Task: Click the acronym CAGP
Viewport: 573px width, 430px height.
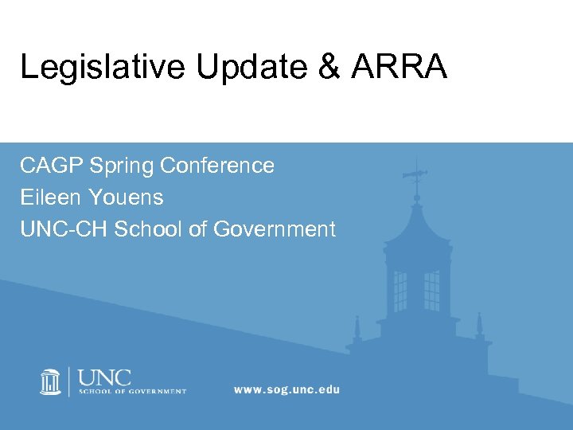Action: (52, 166)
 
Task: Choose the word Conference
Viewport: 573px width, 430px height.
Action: (216, 166)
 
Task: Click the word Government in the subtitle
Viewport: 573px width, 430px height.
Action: (275, 229)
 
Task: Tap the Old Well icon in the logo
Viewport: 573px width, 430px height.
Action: (51, 381)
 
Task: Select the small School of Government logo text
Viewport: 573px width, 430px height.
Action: (132, 392)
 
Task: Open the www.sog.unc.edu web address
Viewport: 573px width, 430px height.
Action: (286, 389)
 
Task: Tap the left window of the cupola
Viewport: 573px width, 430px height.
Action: (400, 291)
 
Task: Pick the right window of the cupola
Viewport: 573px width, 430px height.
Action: (432, 291)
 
